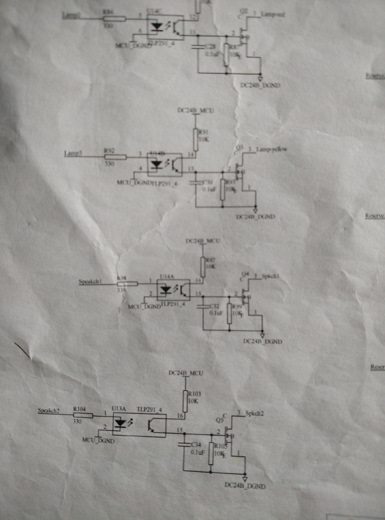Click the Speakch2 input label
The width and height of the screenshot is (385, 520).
point(49,411)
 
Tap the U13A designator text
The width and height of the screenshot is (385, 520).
point(119,409)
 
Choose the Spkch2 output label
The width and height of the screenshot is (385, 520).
point(255,413)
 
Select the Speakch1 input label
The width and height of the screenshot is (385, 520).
point(91,282)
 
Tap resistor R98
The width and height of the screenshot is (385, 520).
point(127,284)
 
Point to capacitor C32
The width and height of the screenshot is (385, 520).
point(204,307)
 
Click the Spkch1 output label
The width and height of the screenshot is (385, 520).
point(271,276)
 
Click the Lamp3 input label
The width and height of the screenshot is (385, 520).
point(73,153)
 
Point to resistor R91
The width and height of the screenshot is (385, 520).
point(196,138)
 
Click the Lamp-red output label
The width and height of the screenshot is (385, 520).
point(272,15)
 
